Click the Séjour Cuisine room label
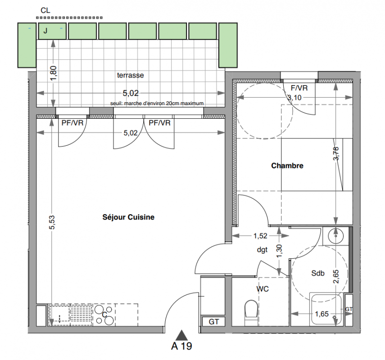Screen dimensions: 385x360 pos(128,217)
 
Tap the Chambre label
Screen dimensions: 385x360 pos(287,166)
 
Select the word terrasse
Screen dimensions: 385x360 pos(131,75)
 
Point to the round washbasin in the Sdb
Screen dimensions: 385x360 pos(335,236)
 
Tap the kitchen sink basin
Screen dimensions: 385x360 pos(59,314)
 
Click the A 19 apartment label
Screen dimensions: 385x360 pos(182,346)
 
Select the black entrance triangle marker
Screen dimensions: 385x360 pos(182,335)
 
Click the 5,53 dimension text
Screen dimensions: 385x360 pos(52,222)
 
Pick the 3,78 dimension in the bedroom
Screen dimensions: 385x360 pos(336,153)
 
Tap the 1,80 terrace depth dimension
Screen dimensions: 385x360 pos(54,73)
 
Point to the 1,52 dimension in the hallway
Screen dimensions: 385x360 pos(260,236)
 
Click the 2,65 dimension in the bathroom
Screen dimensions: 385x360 pos(336,277)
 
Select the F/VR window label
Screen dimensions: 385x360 pos(299,88)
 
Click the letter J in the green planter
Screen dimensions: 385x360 pos(45,31)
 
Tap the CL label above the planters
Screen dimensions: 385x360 pos(45,10)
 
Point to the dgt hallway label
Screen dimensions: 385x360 pos(262,250)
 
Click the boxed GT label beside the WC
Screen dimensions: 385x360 pos(213,322)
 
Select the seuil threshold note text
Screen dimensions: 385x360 pos(157,103)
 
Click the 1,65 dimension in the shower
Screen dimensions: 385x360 pos(322,314)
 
